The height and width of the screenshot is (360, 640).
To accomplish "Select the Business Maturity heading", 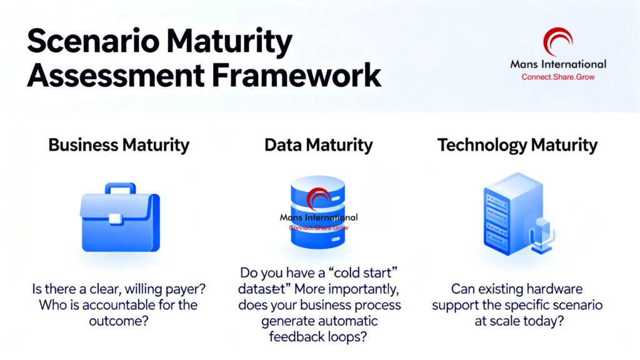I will tap(119, 146).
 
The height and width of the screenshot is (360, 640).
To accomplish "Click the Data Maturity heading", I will tap(319, 146).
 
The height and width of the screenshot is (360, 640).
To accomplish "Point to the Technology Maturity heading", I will tap(517, 146).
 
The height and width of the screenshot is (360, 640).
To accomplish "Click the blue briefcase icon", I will tap(119, 217).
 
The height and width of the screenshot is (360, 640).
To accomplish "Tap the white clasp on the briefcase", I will tap(115, 218).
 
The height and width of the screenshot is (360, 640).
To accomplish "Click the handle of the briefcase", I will tap(119, 188).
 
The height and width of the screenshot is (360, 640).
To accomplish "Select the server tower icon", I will tap(506, 216).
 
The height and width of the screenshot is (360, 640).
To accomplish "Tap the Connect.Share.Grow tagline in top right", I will tap(557, 77).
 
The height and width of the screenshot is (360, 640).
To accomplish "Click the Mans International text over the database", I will tap(319, 217).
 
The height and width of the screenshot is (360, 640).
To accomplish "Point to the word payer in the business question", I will tap(185, 289).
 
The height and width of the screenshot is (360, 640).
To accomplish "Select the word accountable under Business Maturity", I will tap(126, 305).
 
